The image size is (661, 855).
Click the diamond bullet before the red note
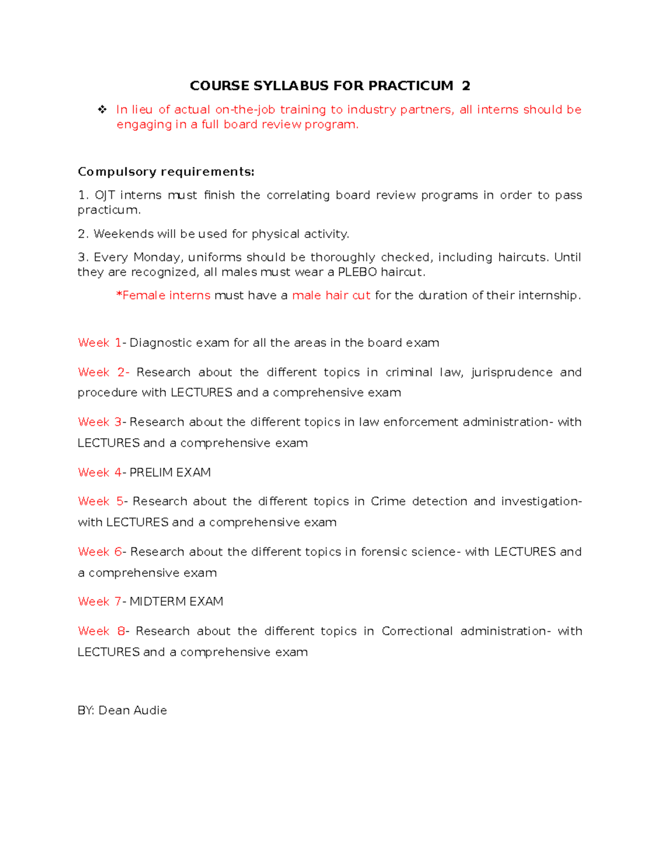tap(102, 110)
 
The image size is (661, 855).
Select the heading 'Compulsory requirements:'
tap(166, 172)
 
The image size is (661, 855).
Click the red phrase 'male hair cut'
tap(331, 296)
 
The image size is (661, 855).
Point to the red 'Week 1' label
tap(100, 343)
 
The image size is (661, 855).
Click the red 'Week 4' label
tap(100, 472)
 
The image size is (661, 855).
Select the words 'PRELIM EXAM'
tap(170, 472)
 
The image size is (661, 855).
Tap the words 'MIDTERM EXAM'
tap(176, 602)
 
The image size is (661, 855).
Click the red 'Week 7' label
tap(100, 602)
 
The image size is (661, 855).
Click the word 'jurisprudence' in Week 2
tap(512, 373)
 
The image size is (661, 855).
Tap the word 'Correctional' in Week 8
tap(417, 631)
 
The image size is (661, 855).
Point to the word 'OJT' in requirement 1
tap(105, 195)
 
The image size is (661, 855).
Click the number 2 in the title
tap(466, 86)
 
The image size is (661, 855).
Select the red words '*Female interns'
tap(163, 296)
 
